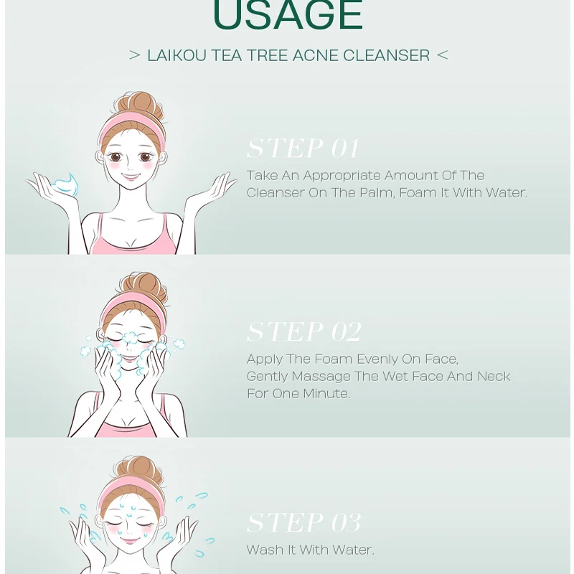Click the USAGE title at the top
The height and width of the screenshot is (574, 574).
click(288, 16)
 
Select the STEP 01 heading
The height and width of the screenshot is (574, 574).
click(302, 149)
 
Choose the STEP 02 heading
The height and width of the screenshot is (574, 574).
click(304, 331)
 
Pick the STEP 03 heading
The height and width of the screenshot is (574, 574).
click(304, 522)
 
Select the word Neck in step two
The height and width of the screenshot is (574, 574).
click(494, 377)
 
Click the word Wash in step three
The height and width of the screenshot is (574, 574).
click(263, 550)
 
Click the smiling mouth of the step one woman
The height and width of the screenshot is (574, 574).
click(130, 175)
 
